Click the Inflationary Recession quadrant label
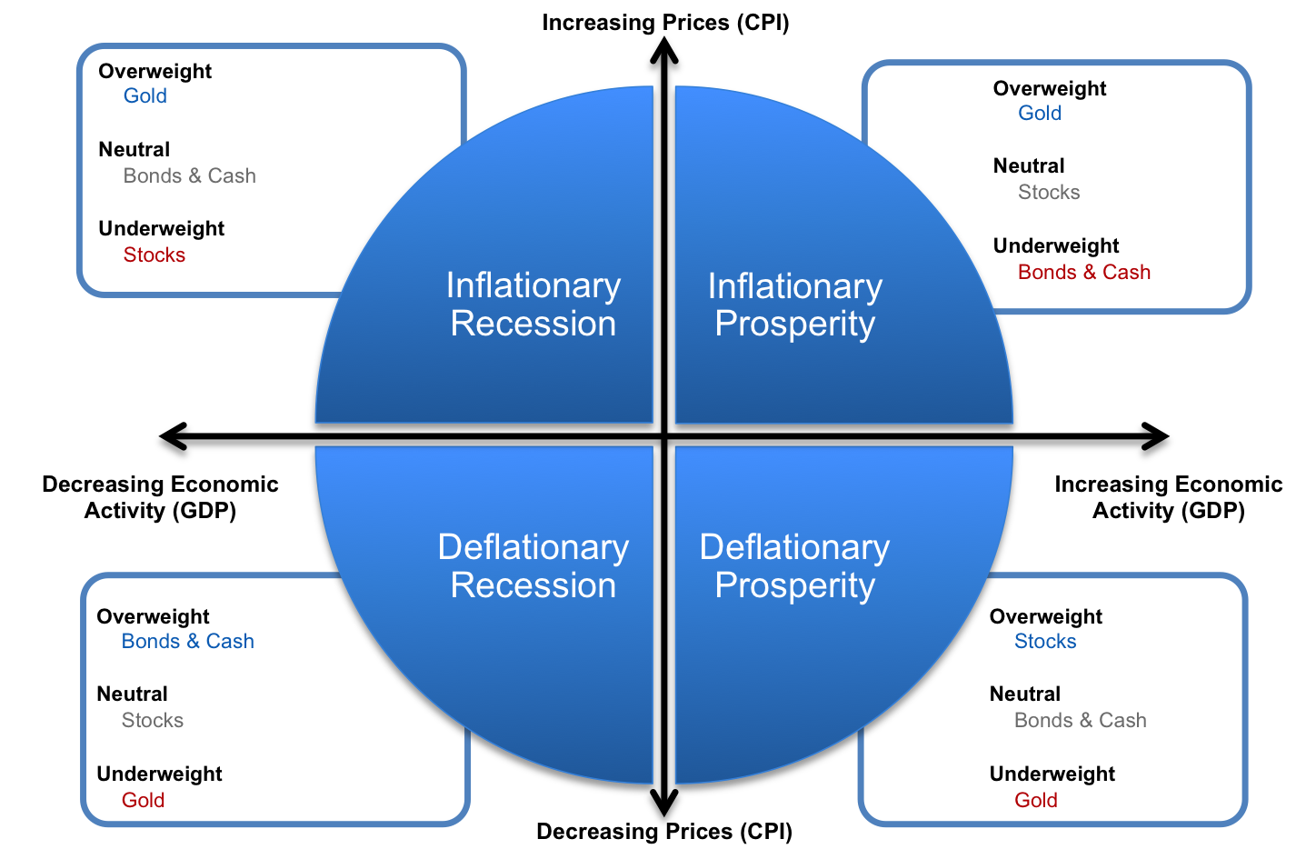[533, 305]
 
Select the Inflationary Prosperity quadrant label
[795, 305]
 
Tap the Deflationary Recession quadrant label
[533, 566]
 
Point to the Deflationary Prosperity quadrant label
[795, 566]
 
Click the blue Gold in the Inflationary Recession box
[145, 96]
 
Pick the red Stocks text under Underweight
[155, 255]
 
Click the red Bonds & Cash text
[1084, 273]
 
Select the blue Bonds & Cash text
[188, 642]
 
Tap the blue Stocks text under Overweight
[1045, 642]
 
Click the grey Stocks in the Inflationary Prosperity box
[1049, 193]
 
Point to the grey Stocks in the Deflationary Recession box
[153, 721]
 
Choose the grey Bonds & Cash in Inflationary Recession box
[190, 176]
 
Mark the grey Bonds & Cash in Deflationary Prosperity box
[1081, 721]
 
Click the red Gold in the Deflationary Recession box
[144, 801]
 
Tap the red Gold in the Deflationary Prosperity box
[1036, 801]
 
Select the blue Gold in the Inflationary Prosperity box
[1040, 114]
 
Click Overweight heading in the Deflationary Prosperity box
[1046, 617]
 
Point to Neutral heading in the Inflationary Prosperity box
[1029, 166]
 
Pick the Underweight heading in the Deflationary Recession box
[160, 774]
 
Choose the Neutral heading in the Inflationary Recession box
[135, 150]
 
